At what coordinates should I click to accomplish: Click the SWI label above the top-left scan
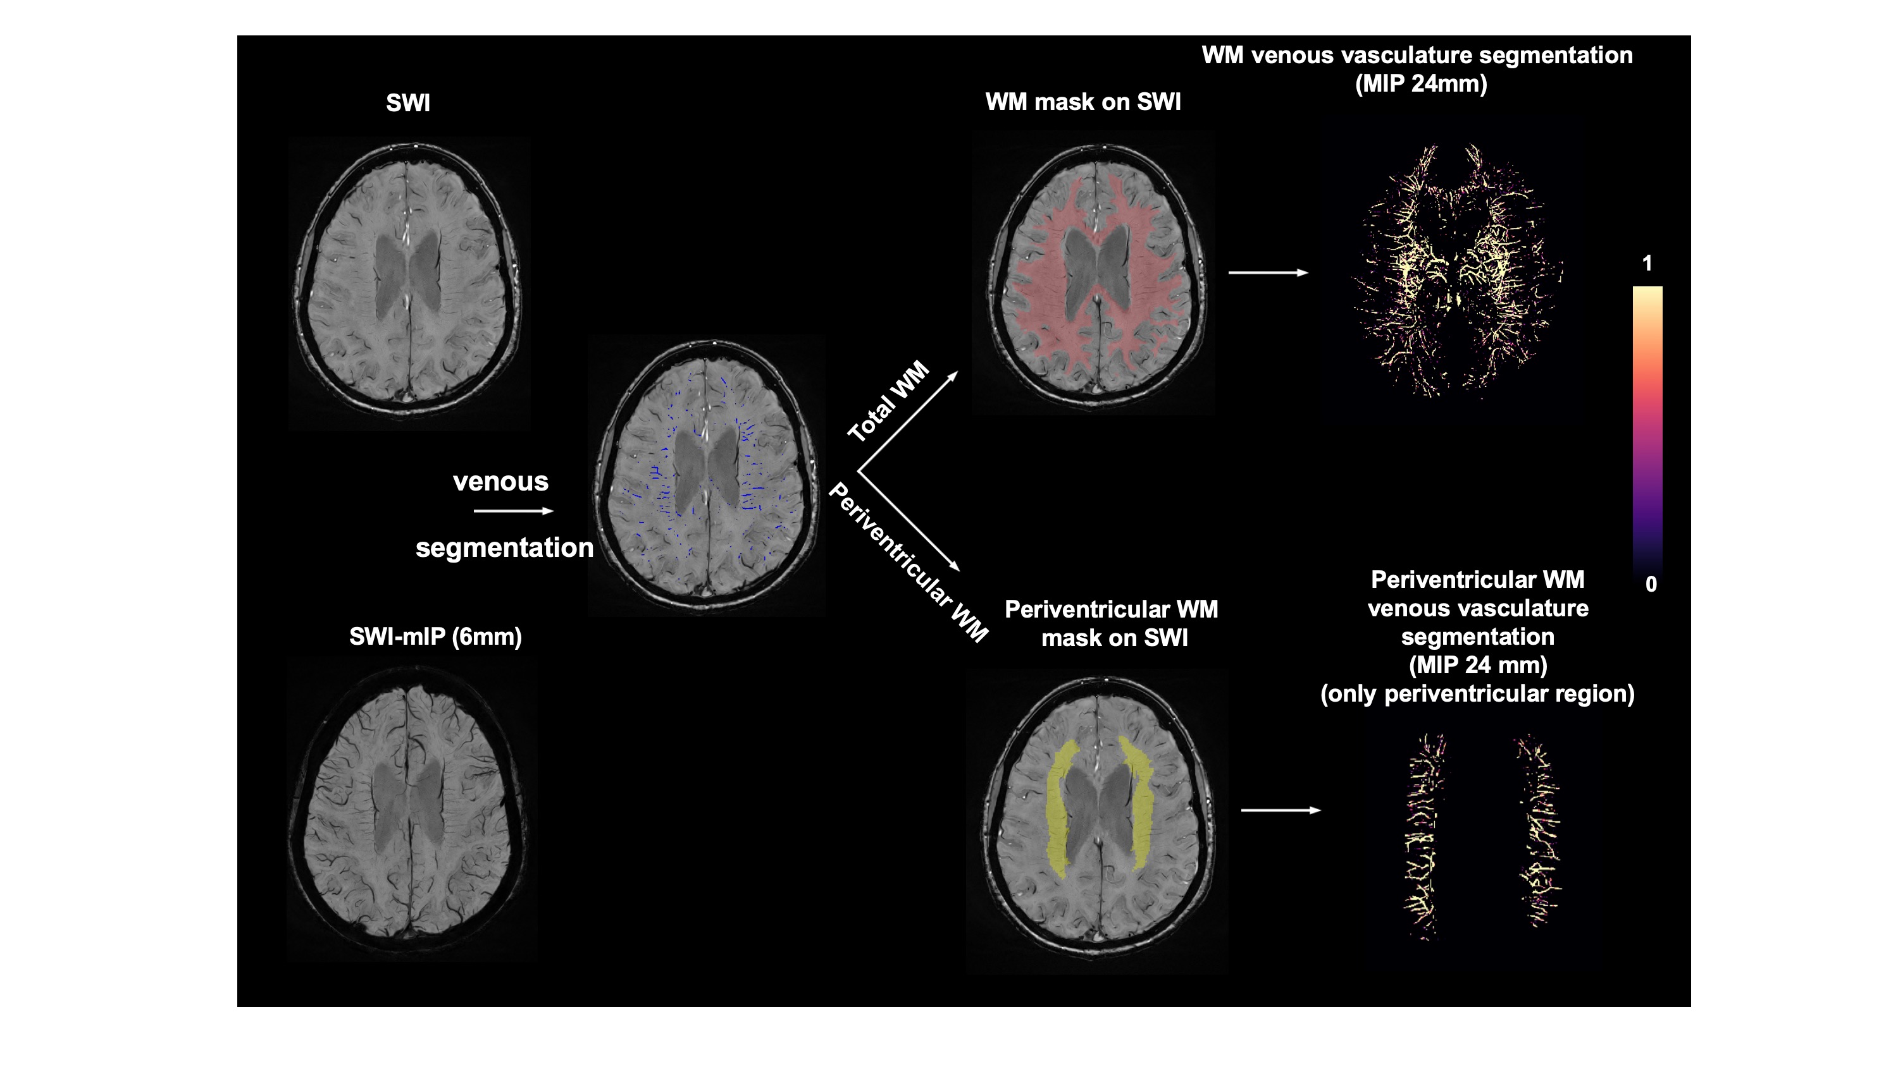pyautogui.click(x=407, y=103)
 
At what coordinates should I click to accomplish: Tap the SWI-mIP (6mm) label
pyautogui.click(x=435, y=637)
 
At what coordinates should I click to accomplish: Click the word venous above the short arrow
pyautogui.click(x=500, y=482)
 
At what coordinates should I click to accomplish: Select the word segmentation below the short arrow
pyautogui.click(x=504, y=548)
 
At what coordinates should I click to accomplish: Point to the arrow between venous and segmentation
pyautogui.click(x=513, y=511)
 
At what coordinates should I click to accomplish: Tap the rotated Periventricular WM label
pyautogui.click(x=908, y=563)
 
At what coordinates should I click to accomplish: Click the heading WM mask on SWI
pyautogui.click(x=1082, y=102)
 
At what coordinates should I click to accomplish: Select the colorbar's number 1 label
pyautogui.click(x=1647, y=263)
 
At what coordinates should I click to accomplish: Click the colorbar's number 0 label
pyautogui.click(x=1651, y=584)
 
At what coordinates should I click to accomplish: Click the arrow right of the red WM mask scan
pyautogui.click(x=1267, y=272)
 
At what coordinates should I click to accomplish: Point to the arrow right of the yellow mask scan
pyautogui.click(x=1281, y=811)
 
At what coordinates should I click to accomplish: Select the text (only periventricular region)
pyautogui.click(x=1477, y=693)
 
